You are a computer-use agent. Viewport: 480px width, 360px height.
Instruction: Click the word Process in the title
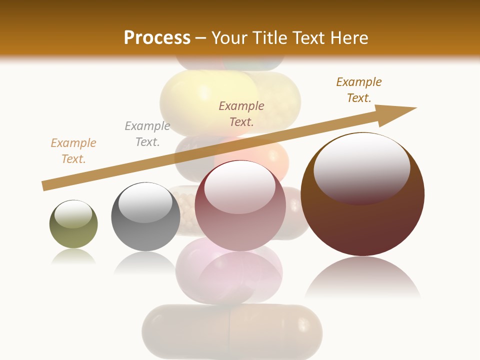157,37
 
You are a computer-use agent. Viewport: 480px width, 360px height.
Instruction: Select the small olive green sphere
73,224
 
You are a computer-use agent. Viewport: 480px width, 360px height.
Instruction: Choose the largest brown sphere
362,194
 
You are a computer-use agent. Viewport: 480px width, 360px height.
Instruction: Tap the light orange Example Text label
73,151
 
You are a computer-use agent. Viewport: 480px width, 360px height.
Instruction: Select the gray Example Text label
147,134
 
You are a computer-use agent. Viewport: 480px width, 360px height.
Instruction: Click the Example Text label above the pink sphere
241,114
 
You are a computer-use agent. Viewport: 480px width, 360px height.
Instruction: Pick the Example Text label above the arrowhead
359,90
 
